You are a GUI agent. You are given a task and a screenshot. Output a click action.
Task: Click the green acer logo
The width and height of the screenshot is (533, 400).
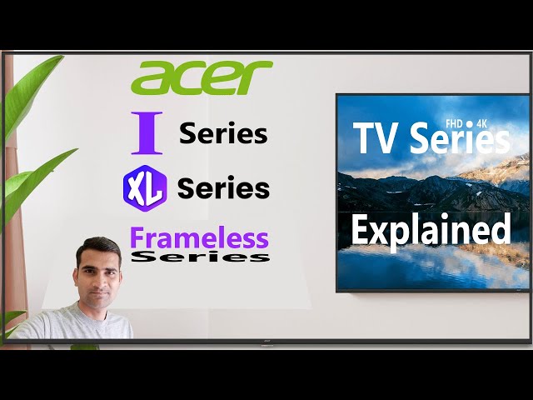(x=202, y=77)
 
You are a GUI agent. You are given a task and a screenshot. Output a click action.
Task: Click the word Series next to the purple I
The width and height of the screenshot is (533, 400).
(x=223, y=133)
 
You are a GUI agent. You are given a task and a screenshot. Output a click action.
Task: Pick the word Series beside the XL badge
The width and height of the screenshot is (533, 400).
(x=223, y=187)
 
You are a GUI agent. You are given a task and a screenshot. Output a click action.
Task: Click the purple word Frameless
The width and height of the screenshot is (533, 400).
(x=199, y=237)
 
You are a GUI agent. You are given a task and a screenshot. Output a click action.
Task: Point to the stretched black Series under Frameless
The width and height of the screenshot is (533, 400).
(x=201, y=257)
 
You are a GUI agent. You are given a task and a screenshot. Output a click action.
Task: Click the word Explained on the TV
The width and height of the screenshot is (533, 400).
(x=430, y=228)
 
